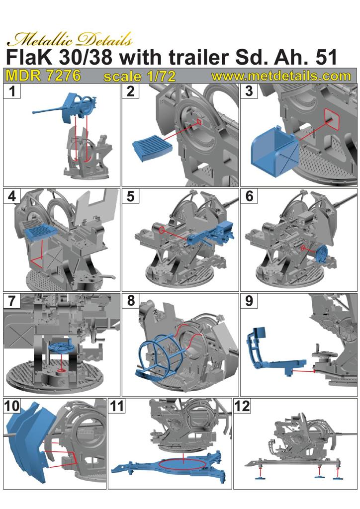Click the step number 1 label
tap(12, 91)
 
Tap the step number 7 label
tap(12, 301)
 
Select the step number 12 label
tap(242, 406)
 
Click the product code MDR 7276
tap(43, 76)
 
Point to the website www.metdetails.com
tap(281, 76)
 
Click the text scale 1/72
tap(140, 76)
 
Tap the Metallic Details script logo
tap(70, 39)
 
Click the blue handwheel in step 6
tap(322, 255)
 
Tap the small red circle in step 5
tap(162, 231)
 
